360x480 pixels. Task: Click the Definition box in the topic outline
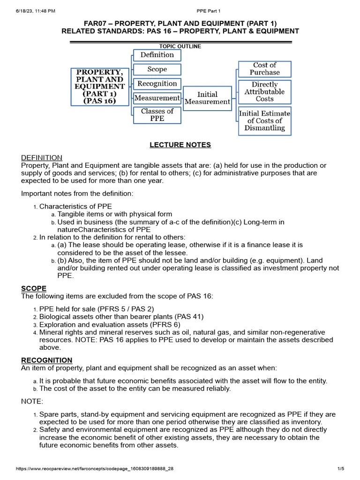[157, 55]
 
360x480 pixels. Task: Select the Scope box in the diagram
[157, 69]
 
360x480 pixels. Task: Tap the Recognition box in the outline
[157, 84]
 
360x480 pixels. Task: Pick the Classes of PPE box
[157, 115]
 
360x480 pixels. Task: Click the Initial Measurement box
[207, 98]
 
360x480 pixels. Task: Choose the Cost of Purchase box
[264, 69]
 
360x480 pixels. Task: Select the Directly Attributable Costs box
[264, 92]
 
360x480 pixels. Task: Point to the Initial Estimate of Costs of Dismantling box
[264, 121]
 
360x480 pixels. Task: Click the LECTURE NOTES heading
[180, 145]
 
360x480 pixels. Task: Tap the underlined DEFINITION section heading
[42, 158]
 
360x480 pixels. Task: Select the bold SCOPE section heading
[33, 288]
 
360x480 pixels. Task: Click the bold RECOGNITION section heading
[47, 360]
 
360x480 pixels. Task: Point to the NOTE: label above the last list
[32, 402]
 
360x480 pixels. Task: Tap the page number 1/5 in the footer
[341, 469]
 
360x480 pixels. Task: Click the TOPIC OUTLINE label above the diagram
[180, 46]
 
